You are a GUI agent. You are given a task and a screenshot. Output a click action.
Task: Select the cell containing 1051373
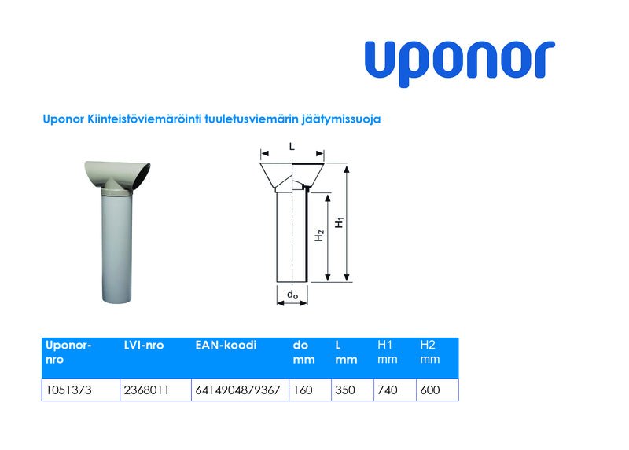[69, 390]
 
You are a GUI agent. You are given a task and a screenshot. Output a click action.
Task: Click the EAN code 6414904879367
[238, 390]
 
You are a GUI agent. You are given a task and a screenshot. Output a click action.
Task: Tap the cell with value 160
[303, 390]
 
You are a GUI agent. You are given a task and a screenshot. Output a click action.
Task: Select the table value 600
[430, 390]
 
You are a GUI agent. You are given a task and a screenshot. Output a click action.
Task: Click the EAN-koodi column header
[226, 345]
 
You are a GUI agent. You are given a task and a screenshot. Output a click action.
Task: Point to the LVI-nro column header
[144, 345]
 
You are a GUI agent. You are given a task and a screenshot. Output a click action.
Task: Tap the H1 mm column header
[387, 352]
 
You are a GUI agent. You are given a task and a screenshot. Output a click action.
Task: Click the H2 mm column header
[429, 352]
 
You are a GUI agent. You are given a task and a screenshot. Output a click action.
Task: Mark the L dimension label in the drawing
[292, 147]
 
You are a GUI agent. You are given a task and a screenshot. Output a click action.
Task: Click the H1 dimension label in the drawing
[339, 222]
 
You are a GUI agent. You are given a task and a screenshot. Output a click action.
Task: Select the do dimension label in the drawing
[292, 295]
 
